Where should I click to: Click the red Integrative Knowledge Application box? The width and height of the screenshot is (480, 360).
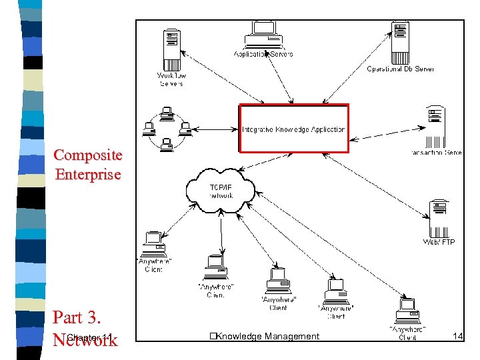[x=293, y=128]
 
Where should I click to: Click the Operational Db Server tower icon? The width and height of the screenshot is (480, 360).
[x=400, y=41]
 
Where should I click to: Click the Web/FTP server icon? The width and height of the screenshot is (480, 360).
[x=439, y=217]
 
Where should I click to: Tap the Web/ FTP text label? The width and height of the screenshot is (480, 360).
[x=439, y=242]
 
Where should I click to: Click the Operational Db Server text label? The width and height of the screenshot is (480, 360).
[x=400, y=69]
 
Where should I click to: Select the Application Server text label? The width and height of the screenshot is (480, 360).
[x=263, y=54]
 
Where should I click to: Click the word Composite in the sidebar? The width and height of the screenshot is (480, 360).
[x=88, y=155]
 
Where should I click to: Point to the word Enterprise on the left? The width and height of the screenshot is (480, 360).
[x=88, y=175]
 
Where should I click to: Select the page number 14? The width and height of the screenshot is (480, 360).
[x=457, y=337]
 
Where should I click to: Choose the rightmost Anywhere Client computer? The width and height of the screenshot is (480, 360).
[x=407, y=311]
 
